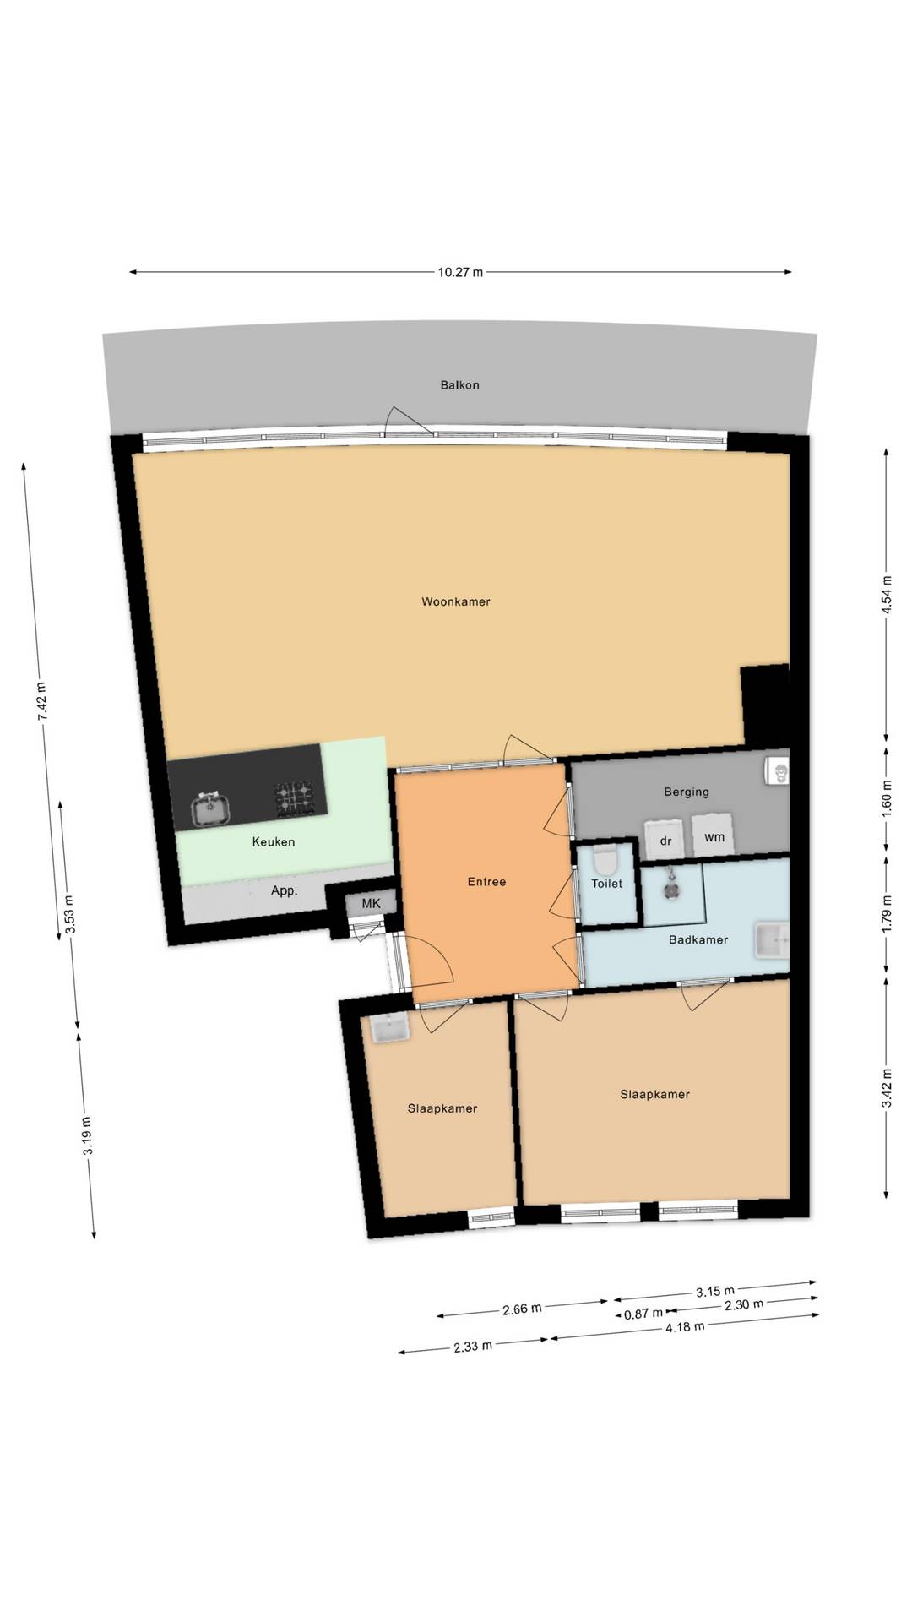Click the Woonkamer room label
(456, 601)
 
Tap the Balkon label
(459, 384)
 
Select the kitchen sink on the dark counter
(209, 809)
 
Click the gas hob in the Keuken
(295, 799)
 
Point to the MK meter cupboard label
(371, 903)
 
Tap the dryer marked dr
(665, 839)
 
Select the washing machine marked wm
(714, 835)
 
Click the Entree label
(486, 881)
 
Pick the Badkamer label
(698, 939)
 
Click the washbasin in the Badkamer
(772, 941)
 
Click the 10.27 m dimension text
(460, 272)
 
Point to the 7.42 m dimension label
(41, 699)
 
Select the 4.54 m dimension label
(886, 596)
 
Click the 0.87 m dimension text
(643, 1314)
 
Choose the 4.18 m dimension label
(684, 1326)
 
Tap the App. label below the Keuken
(284, 890)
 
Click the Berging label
(686, 792)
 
